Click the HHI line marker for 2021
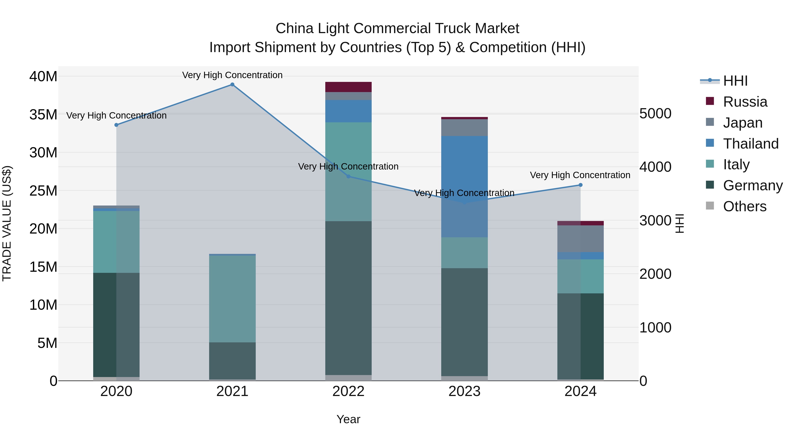(232, 85)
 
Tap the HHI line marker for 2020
(116, 125)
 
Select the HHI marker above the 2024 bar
(581, 185)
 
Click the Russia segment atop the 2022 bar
(348, 87)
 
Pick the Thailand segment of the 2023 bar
(464, 186)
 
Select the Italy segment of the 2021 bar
(232, 299)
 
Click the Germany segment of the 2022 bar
(348, 298)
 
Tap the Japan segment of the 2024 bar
(581, 239)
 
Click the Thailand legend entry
(751, 144)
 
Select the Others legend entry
(744, 206)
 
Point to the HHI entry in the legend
(735, 81)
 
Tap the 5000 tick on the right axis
(655, 113)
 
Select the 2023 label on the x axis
(464, 391)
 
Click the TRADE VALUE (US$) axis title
(7, 223)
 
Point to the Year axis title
(348, 419)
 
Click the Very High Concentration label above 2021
(232, 75)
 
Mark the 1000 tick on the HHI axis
(655, 327)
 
